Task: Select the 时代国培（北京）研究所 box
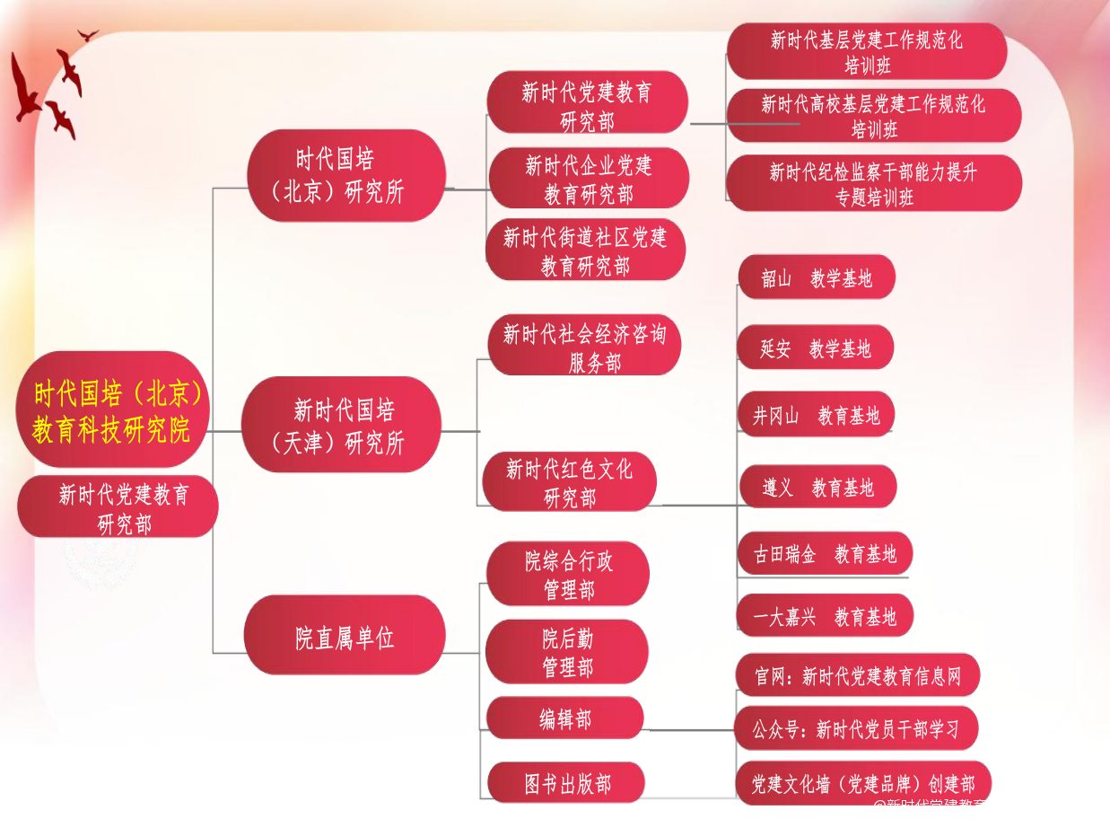(346, 176)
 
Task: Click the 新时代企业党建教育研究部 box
(589, 179)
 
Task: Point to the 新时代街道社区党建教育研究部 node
(585, 251)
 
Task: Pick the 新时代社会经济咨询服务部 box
(584, 347)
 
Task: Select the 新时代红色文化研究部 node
(569, 482)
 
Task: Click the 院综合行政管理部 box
(568, 575)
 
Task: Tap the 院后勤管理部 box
(567, 652)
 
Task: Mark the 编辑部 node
(565, 718)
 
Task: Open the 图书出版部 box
(566, 782)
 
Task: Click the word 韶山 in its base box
(777, 278)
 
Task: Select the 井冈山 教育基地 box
(816, 416)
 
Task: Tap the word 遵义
(777, 488)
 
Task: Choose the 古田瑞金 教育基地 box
(824, 554)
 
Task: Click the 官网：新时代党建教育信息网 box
(857, 675)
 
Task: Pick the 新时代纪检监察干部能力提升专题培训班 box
(874, 183)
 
